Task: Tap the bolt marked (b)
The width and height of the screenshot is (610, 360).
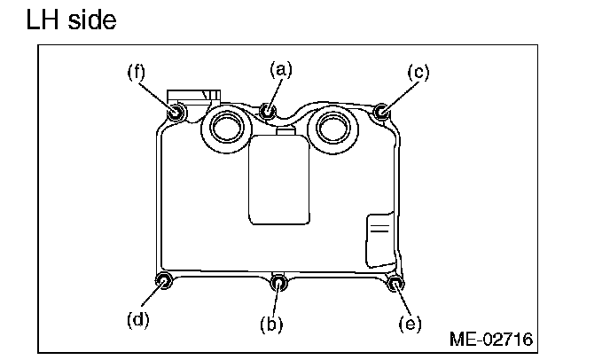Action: [x=279, y=284]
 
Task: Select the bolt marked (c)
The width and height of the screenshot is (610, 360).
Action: [x=381, y=112]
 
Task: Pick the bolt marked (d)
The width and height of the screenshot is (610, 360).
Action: [x=164, y=282]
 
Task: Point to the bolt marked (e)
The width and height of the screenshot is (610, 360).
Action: [x=395, y=284]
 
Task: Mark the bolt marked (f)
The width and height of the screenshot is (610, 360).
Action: [x=176, y=112]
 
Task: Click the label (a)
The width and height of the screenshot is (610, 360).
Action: [x=281, y=68]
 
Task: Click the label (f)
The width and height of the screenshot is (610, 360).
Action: [x=136, y=72]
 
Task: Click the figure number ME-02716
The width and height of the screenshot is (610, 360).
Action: [x=491, y=339]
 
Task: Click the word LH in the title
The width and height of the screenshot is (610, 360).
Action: [x=44, y=20]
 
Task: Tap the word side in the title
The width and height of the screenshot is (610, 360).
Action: [x=90, y=20]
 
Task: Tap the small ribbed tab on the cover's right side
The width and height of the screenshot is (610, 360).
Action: [x=379, y=237]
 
